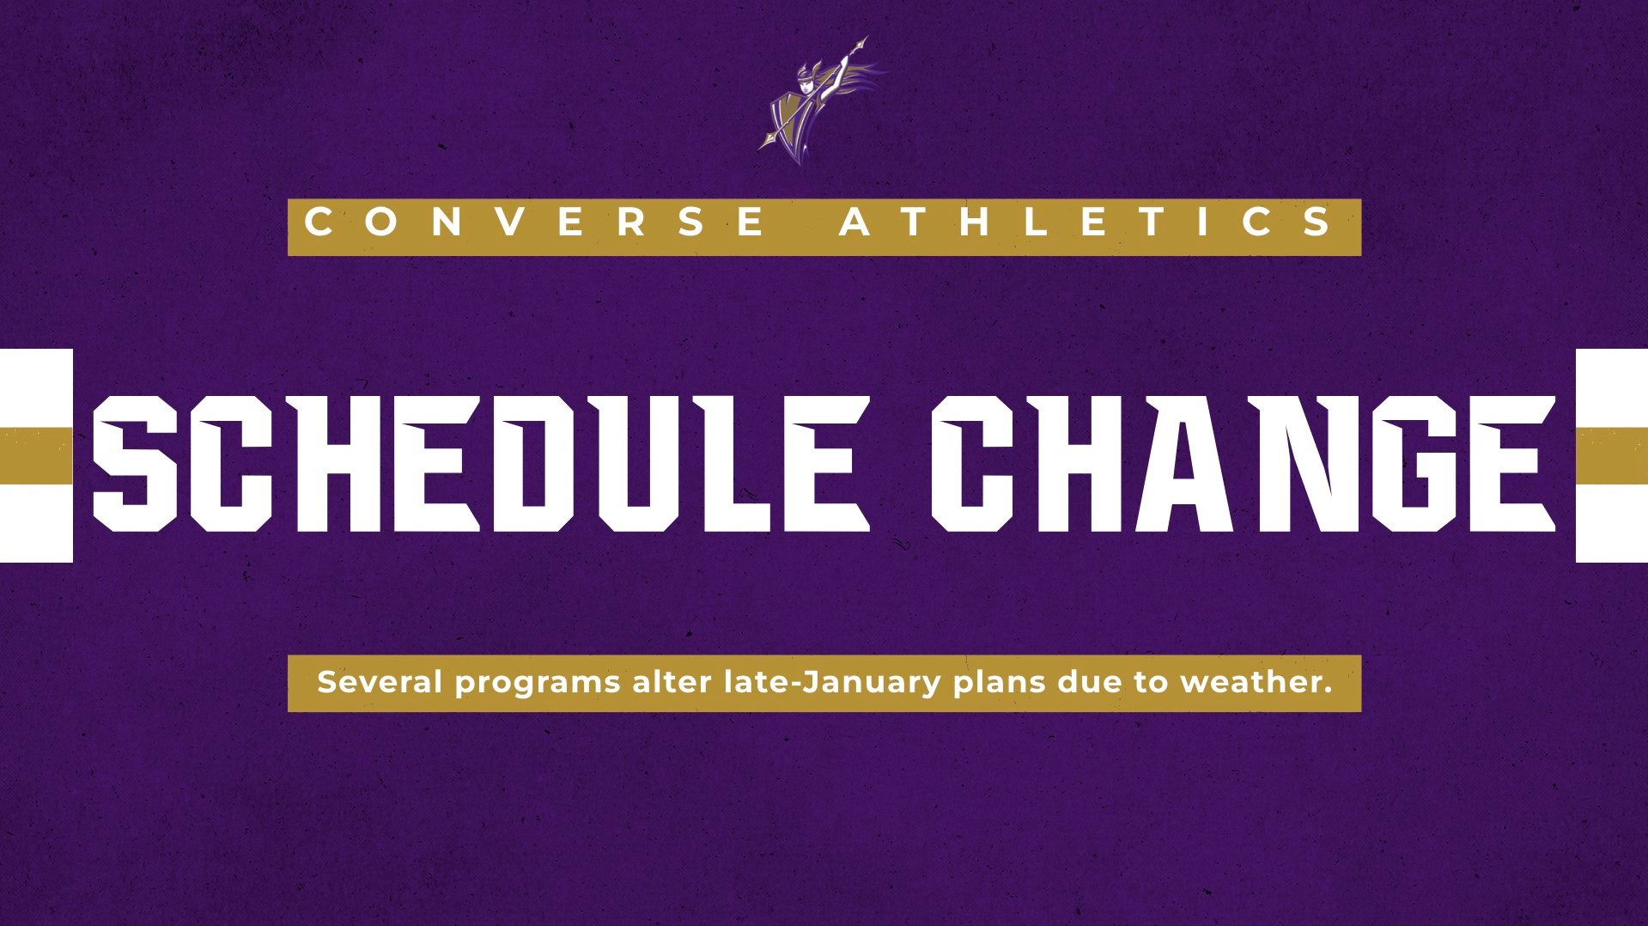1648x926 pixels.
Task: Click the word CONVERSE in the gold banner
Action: (x=536, y=222)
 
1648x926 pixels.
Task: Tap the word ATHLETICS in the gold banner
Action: (x=1087, y=222)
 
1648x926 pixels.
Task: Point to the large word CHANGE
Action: (x=1244, y=464)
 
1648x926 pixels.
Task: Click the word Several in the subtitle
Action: (x=380, y=683)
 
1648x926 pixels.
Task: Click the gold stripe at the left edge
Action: (x=35, y=455)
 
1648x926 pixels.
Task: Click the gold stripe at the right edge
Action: (x=1611, y=455)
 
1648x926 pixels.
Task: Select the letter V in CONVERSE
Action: (x=511, y=222)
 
